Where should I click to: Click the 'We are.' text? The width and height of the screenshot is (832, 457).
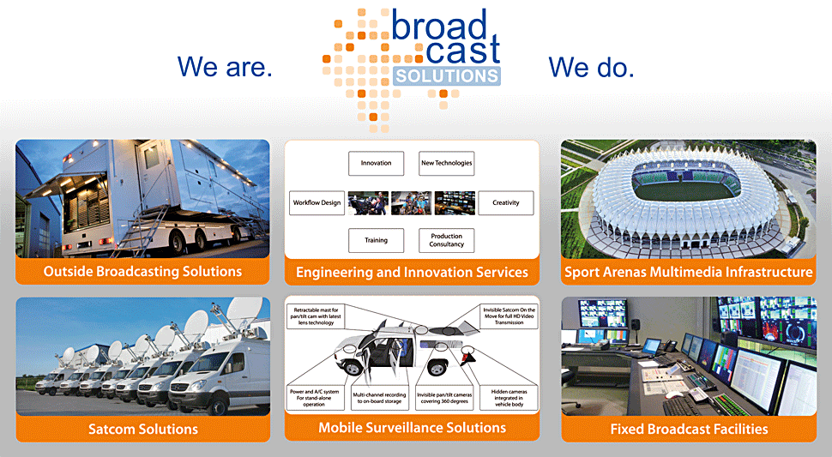pos(225,67)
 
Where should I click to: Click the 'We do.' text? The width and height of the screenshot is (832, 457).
pos(591,68)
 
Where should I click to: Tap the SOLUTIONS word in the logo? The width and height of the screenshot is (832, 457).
pos(447,76)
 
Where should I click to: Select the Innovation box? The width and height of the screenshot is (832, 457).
pos(377,163)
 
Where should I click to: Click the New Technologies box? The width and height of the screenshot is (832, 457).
pos(446,163)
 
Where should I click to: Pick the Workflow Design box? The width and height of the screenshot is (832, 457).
pos(317,202)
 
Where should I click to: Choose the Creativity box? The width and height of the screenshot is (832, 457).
pos(506,202)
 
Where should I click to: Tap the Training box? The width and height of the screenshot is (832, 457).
pos(377,240)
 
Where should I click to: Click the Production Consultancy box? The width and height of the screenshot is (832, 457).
pos(446,240)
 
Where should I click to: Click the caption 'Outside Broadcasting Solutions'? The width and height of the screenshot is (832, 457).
pos(142,272)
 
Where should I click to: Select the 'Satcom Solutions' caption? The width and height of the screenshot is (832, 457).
pos(143,429)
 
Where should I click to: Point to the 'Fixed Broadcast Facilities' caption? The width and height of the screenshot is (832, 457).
pos(690,429)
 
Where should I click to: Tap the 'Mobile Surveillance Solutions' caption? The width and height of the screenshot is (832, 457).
pos(413,428)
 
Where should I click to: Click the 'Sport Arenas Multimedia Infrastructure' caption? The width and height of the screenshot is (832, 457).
pos(689,272)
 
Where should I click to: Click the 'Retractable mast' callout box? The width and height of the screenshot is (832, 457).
pos(317,316)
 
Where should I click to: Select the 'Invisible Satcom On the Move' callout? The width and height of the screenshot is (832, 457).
pos(509,316)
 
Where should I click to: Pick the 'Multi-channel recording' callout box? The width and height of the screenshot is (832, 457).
pos(379,398)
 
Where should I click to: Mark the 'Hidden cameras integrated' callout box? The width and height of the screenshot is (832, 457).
pos(509,398)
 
